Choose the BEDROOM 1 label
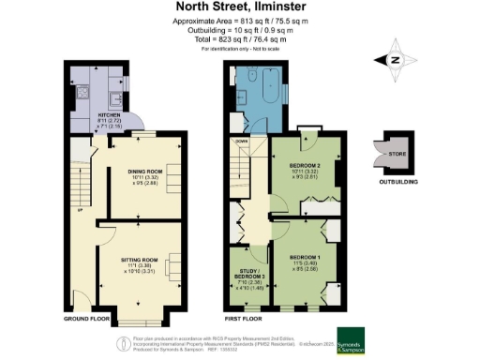[306, 256]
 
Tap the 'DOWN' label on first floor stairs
[241, 140]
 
